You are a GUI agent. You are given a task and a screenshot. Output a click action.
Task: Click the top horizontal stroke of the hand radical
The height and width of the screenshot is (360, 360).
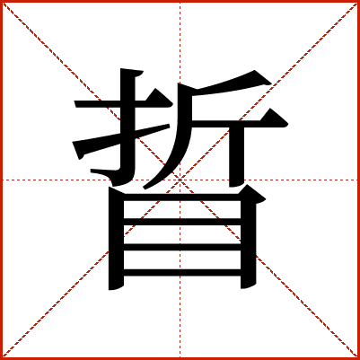(123, 104)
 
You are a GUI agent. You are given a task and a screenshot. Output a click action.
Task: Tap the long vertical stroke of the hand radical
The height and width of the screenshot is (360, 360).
(127, 126)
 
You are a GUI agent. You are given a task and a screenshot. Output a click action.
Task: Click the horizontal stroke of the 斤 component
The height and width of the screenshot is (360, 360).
(240, 124)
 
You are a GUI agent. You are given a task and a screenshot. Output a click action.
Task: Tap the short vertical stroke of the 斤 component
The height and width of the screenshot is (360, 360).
(237, 155)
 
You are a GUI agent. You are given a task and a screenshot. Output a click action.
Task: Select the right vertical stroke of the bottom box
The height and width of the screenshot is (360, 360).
(249, 240)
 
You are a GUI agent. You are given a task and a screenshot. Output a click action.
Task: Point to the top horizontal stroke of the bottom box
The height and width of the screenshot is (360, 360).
(182, 198)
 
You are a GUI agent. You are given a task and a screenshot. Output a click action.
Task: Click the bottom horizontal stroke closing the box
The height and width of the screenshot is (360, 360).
(182, 273)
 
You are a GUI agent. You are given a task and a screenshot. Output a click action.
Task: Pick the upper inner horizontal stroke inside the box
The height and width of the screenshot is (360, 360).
(182, 222)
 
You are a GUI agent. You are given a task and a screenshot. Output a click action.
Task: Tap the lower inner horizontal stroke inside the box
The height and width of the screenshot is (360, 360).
(182, 247)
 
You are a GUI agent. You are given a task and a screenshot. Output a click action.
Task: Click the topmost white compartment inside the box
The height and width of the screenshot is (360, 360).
(182, 209)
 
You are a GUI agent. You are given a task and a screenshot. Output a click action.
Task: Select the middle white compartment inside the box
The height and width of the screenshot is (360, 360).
(182, 234)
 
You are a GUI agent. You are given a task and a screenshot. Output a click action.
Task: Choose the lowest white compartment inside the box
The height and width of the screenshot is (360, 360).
(182, 259)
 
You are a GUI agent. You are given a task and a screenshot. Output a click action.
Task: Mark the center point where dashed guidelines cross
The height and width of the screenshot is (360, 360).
(180, 180)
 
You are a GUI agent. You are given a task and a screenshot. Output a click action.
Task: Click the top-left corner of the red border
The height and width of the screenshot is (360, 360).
(1, 1)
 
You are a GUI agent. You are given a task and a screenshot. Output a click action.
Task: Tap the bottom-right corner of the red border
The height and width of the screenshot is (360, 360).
(358, 358)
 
